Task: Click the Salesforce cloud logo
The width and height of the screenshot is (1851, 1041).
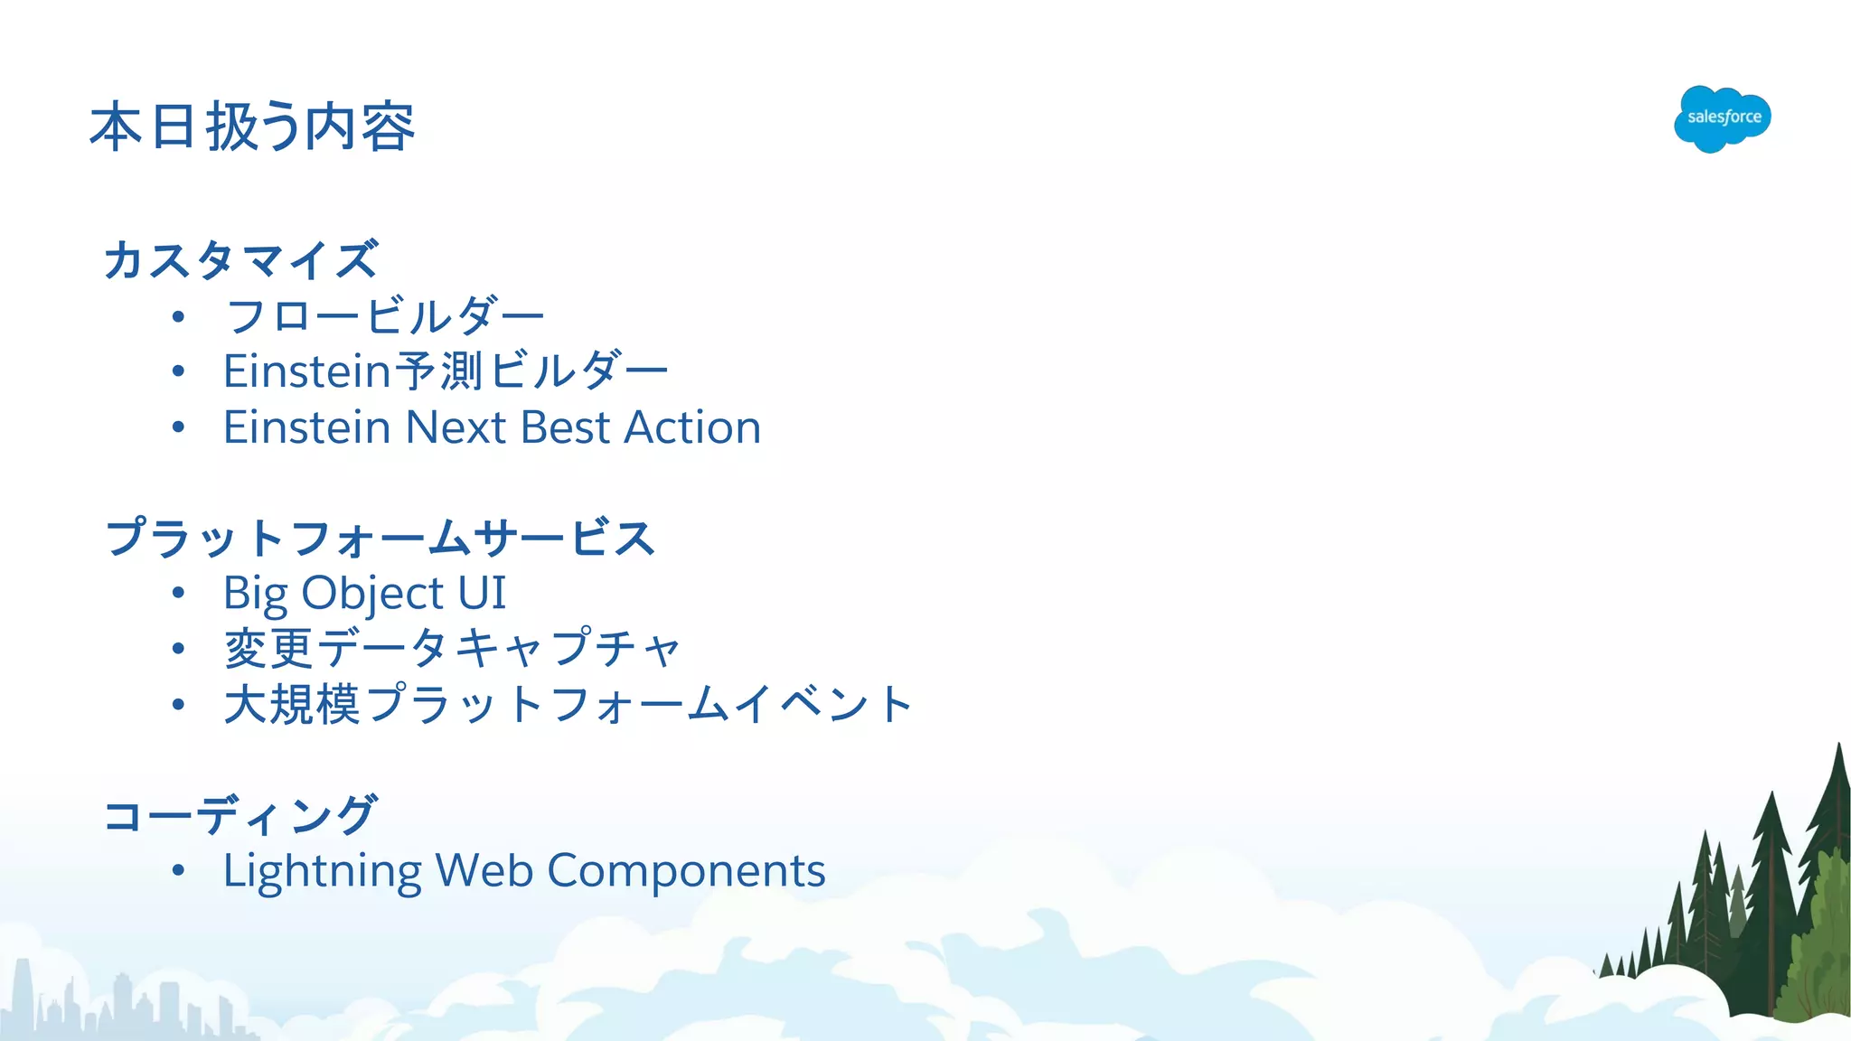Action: coord(1722,118)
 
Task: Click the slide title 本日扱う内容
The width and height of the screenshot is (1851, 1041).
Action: coord(252,127)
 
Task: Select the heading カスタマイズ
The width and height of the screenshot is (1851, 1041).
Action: coord(240,260)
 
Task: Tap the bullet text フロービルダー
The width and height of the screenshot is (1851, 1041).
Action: coord(385,316)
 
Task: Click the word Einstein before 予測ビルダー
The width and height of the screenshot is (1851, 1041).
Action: coord(306,371)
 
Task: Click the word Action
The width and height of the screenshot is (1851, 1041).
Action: coord(692,427)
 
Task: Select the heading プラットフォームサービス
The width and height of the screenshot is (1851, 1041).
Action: coord(380,538)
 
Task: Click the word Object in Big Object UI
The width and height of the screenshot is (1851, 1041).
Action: coord(372,594)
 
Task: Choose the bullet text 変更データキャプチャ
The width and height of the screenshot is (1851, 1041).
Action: coord(452,649)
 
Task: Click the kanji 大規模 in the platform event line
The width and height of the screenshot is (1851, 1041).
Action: coord(292,704)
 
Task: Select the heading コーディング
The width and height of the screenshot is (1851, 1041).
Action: coord(240,815)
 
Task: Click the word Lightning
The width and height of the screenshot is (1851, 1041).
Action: coord(322,871)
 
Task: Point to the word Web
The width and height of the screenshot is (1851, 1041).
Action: coord(484,871)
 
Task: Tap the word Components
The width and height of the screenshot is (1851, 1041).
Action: coord(686,871)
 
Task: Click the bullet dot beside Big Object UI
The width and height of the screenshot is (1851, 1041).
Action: coord(178,594)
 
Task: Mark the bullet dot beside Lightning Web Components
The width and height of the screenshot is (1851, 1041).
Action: coord(178,871)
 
